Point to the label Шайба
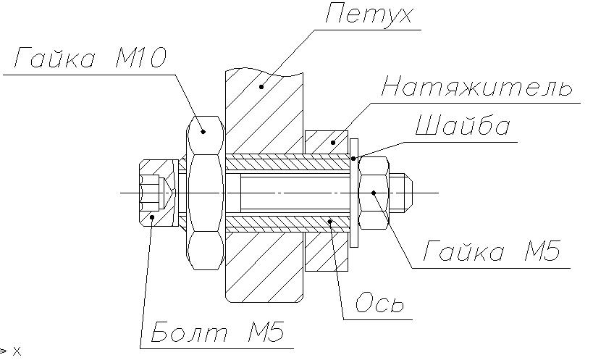[463, 126]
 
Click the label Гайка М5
[492, 252]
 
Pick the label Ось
[379, 303]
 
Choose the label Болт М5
[217, 334]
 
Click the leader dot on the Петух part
[261, 86]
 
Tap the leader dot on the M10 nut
[203, 131]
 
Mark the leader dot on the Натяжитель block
[334, 142]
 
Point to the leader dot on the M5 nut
[373, 192]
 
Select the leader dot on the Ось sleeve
[330, 221]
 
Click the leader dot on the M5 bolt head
[151, 216]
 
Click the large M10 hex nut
[204, 192]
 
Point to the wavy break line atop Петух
[264, 71]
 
